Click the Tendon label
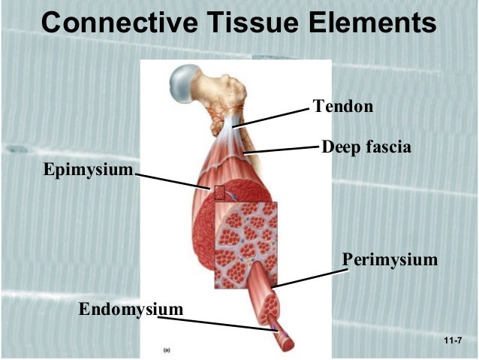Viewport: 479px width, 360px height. [x=342, y=107]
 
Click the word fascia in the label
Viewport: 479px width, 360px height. [x=388, y=147]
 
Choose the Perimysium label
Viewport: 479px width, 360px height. [x=390, y=260]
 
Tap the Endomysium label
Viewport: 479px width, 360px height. [x=131, y=309]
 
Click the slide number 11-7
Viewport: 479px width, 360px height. [x=452, y=342]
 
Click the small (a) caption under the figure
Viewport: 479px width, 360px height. [x=167, y=349]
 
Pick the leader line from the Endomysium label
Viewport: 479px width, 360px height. [x=218, y=322]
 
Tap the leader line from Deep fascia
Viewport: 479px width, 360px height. [x=282, y=148]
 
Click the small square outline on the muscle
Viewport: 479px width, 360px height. [x=219, y=192]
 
